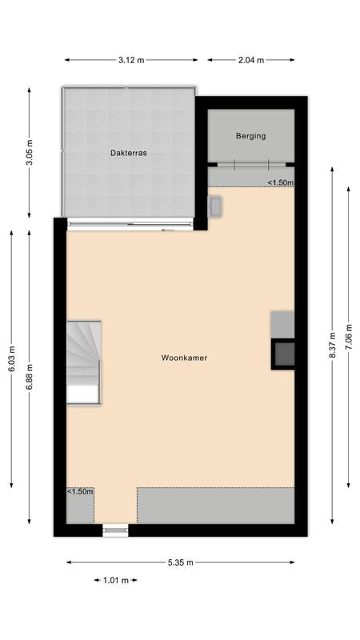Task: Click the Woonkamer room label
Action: (x=183, y=358)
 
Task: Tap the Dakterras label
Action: (x=128, y=152)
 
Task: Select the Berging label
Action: (x=250, y=136)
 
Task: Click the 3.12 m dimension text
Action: (x=130, y=60)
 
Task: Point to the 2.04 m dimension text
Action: (x=251, y=60)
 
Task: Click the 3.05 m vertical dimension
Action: (x=29, y=152)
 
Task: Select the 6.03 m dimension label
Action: (x=11, y=358)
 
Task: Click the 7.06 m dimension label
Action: (x=348, y=336)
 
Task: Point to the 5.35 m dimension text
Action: (x=181, y=562)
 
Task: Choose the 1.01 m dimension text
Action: (x=116, y=581)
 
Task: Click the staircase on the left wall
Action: (x=83, y=362)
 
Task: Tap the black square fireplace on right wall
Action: (x=283, y=353)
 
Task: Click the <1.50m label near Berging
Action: (x=280, y=182)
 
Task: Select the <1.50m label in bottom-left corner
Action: (x=79, y=491)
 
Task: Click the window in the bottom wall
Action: (x=115, y=530)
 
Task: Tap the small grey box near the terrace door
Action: (x=217, y=206)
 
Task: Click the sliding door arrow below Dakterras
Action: (x=167, y=230)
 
